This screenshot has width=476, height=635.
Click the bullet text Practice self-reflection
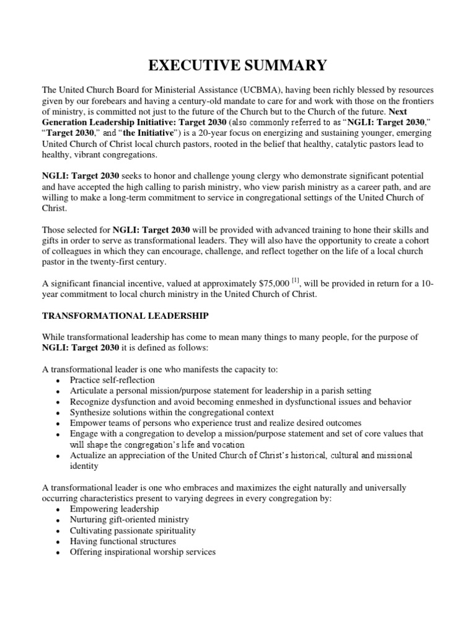pyautogui.click(x=112, y=380)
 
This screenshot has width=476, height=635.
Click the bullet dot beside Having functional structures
pyautogui.click(x=58, y=542)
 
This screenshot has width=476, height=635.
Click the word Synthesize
pyautogui.click(x=90, y=413)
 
